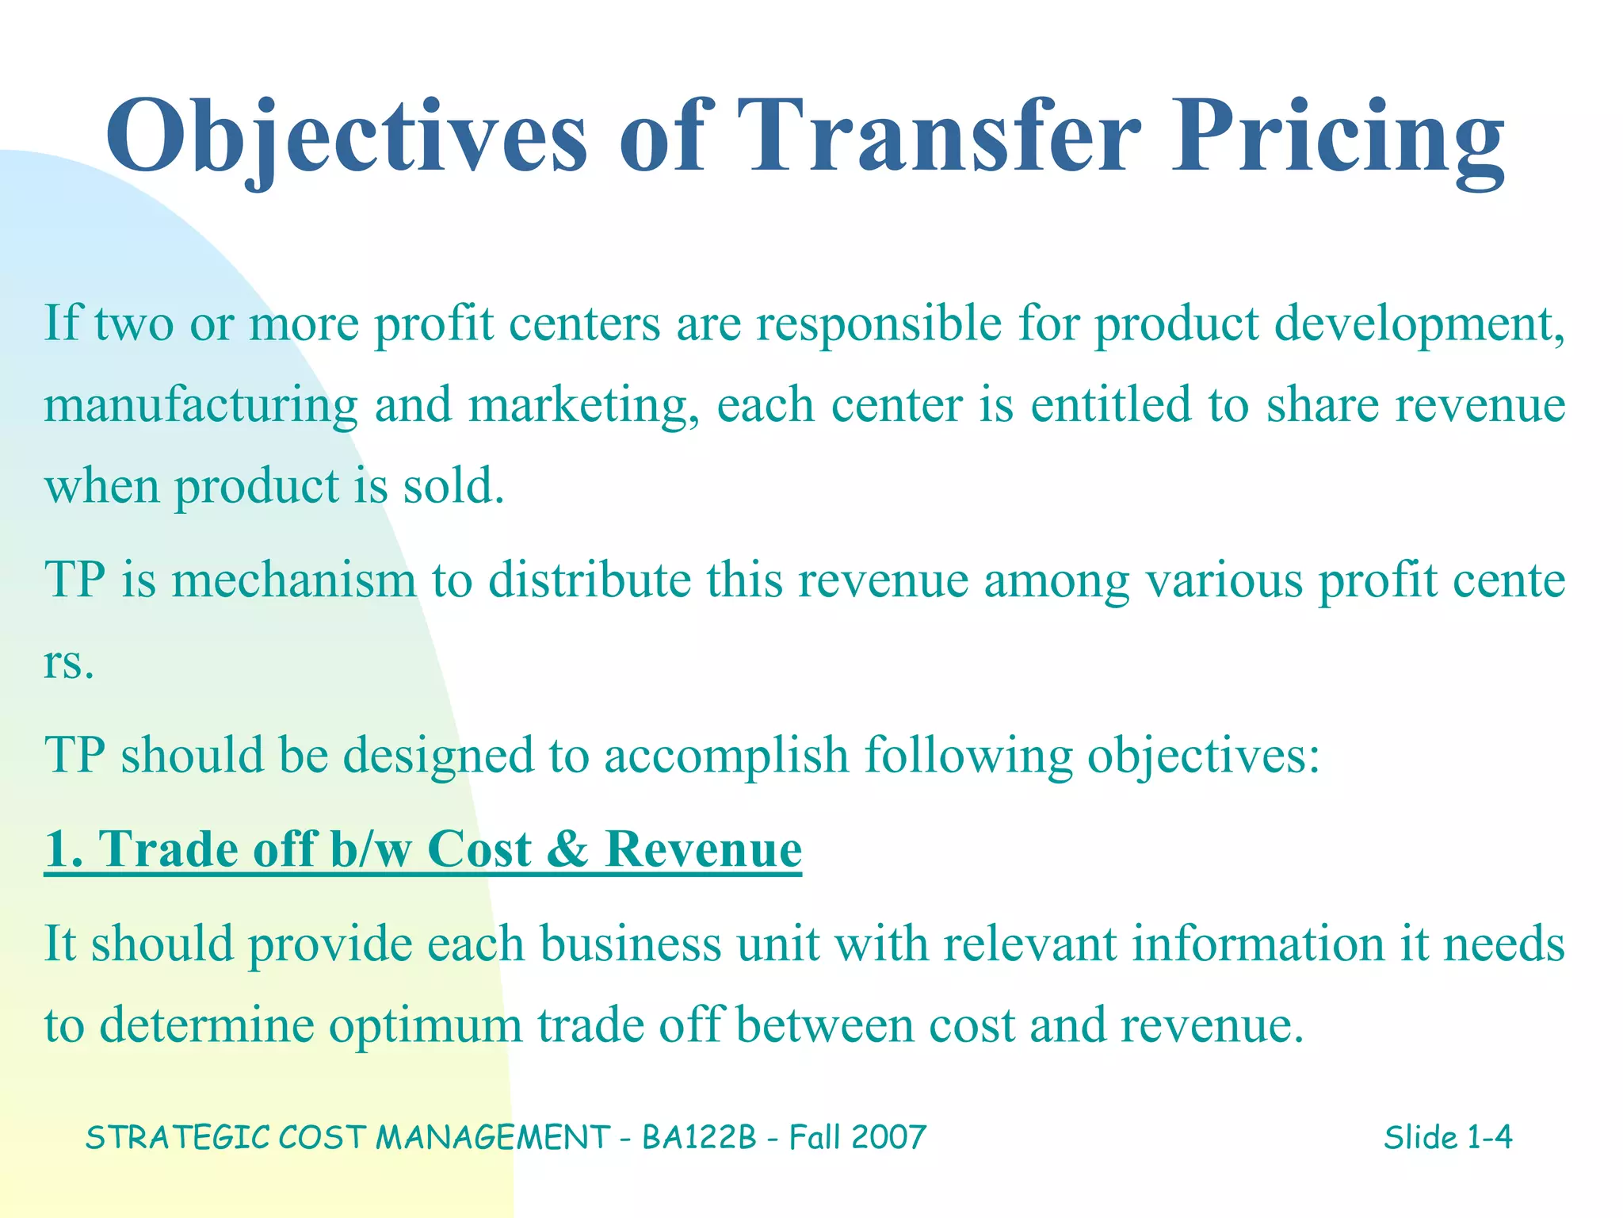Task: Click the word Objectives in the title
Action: click(x=346, y=136)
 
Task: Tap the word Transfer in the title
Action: click(x=939, y=136)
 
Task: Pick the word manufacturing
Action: click(x=200, y=405)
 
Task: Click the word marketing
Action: click(x=583, y=405)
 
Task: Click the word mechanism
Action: click(x=293, y=580)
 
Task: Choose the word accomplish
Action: click(x=726, y=755)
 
